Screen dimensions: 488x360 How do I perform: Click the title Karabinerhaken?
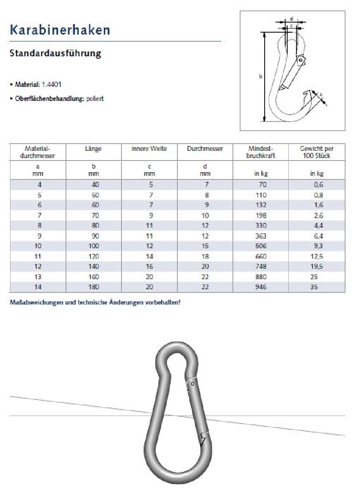pos(60,30)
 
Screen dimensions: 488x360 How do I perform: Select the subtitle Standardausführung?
pos(55,54)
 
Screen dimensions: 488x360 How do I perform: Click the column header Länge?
pos(93,149)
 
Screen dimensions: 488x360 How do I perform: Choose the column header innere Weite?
pos(149,149)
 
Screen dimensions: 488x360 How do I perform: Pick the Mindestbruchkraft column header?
pos(261,152)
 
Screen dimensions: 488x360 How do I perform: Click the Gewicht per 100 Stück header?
pos(317,152)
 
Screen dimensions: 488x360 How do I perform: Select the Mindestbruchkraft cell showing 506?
pos(261,246)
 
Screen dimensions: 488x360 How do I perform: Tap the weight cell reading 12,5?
pos(317,256)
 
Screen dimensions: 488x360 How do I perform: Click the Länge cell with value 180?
pos(93,287)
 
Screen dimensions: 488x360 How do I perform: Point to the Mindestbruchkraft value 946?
pos(261,287)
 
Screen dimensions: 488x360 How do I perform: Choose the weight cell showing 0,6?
pos(317,185)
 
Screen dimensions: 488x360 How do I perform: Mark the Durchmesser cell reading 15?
pos(205,246)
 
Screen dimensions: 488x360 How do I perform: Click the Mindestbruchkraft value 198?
pos(261,215)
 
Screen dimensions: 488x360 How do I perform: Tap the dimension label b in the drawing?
pos(261,76)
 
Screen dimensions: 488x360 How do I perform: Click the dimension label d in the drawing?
pos(292,19)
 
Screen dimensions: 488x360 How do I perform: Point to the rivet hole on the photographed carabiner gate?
pos(193,384)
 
